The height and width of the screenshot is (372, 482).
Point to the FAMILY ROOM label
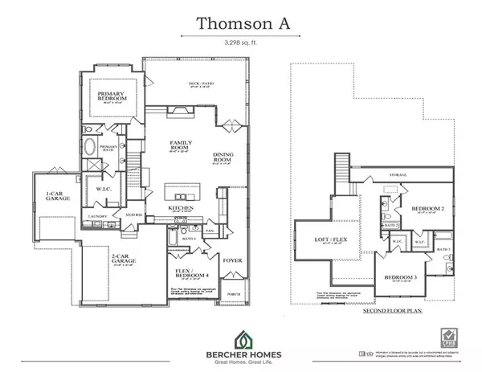(x=182, y=145)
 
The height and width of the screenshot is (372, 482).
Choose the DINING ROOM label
(x=223, y=158)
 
